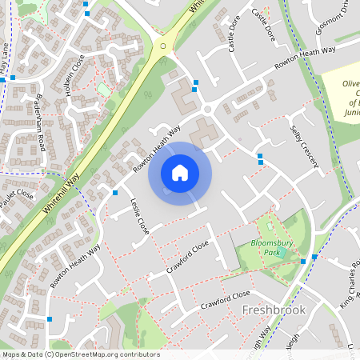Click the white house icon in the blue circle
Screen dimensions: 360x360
[x=180, y=172]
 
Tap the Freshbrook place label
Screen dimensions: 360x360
[x=274, y=310]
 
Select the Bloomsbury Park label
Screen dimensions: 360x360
[x=268, y=246]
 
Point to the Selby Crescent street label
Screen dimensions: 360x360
[x=305, y=145]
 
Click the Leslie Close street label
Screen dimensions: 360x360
[x=139, y=215]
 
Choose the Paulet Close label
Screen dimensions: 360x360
[x=16, y=199]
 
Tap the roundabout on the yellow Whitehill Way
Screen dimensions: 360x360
[x=164, y=46]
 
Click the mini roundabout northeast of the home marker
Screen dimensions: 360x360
[x=207, y=109]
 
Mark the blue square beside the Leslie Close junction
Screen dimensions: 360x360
[x=115, y=193]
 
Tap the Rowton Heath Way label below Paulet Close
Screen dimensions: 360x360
[x=75, y=266]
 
